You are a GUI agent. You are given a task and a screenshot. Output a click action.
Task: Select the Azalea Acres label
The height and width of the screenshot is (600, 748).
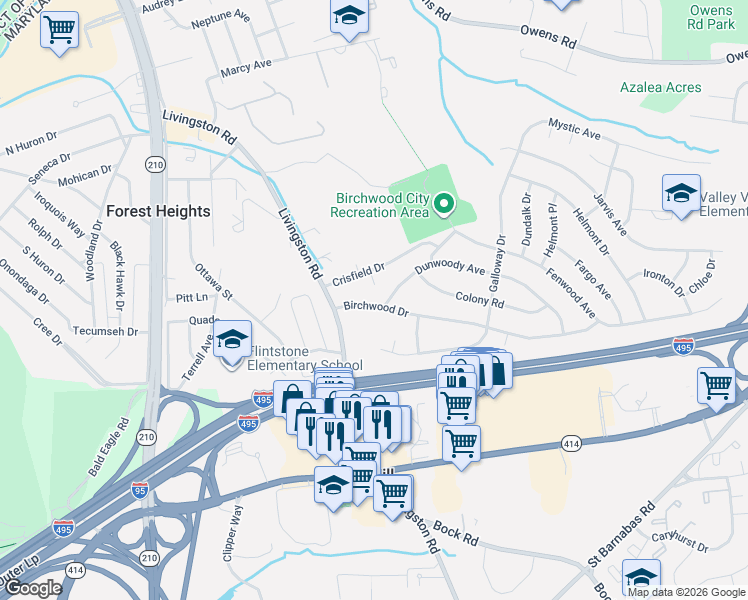(x=660, y=88)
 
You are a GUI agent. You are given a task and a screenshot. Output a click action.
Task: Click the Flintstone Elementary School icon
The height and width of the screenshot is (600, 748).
(x=232, y=342)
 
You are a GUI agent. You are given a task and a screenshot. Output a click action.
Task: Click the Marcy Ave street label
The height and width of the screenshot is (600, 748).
(x=246, y=67)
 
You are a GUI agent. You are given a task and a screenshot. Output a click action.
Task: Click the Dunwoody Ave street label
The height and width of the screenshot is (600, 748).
(x=450, y=268)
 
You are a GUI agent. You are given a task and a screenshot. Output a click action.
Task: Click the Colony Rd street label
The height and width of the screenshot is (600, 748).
(x=479, y=299)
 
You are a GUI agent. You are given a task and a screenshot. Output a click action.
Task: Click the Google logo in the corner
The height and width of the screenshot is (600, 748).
(x=33, y=588)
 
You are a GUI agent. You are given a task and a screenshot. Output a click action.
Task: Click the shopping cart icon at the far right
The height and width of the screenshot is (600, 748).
(x=716, y=385)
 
